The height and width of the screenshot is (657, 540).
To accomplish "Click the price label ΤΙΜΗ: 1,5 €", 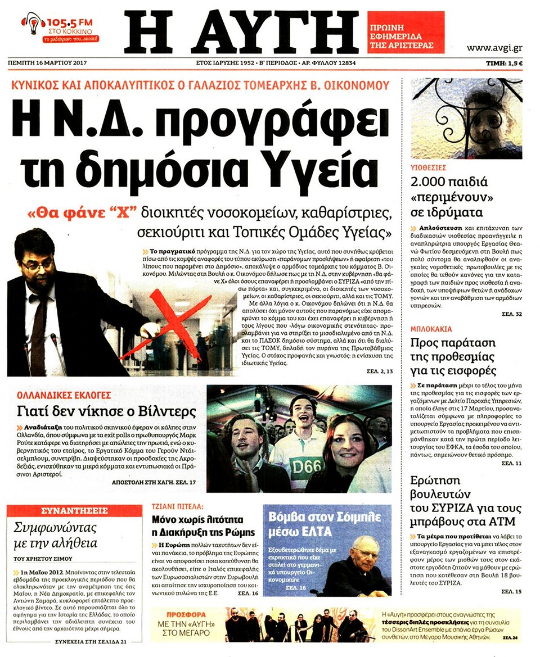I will click(x=505, y=63).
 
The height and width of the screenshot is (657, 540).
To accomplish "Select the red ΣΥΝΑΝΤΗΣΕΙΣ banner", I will click(x=74, y=510).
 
